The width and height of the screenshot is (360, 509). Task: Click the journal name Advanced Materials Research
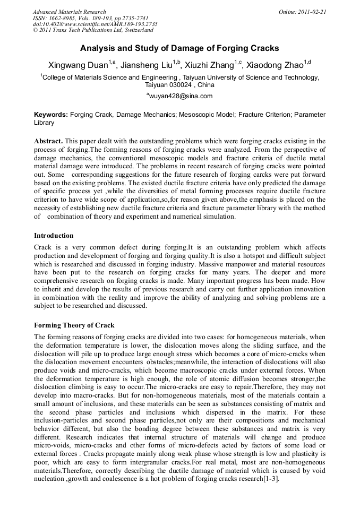pyautogui.click(x=69, y=12)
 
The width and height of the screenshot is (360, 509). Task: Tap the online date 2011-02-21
pyautogui.click(x=311, y=12)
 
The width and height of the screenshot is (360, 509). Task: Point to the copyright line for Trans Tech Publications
pyautogui.click(x=93, y=30)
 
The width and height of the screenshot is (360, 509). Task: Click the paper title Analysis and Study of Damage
pyautogui.click(x=179, y=48)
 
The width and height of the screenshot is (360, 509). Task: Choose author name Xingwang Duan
pyautogui.click(x=78, y=65)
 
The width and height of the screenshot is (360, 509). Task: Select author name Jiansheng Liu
pyautogui.click(x=149, y=65)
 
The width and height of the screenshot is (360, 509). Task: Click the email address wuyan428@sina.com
pyautogui.click(x=181, y=96)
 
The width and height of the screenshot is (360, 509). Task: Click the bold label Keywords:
pyautogui.click(x=51, y=114)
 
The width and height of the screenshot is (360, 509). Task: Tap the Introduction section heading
pyautogui.click(x=54, y=235)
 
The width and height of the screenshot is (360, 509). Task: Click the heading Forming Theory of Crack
pyautogui.click(x=74, y=325)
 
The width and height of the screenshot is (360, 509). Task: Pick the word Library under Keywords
pyautogui.click(x=44, y=123)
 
